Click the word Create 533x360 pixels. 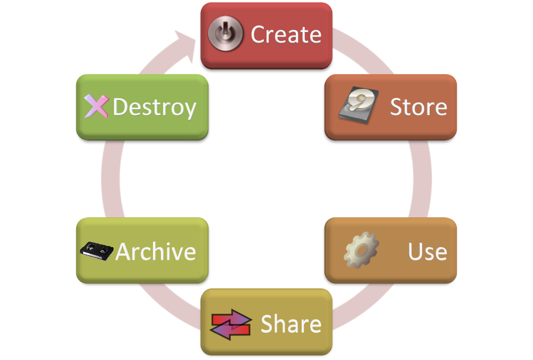(x=286, y=35)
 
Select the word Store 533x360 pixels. (x=418, y=107)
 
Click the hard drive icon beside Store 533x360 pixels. (x=356, y=105)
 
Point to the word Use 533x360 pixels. (x=427, y=251)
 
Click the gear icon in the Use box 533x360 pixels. (x=361, y=250)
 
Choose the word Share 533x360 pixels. (x=291, y=324)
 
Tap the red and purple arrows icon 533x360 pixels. (x=231, y=323)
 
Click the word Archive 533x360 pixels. (x=156, y=251)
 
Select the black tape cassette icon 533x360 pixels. (x=97, y=250)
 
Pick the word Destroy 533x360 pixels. (x=155, y=107)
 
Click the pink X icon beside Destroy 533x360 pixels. (x=96, y=106)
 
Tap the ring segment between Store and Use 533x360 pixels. (x=421, y=178)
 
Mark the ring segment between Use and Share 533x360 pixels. (x=362, y=306)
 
